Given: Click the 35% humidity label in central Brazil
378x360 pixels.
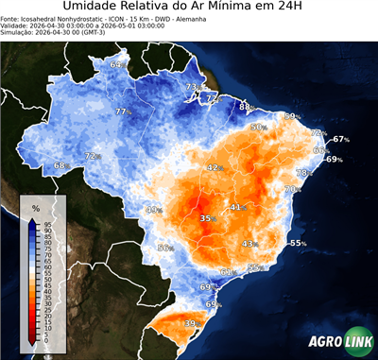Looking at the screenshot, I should [x=207, y=218].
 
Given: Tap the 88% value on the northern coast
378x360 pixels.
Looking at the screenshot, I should [x=245, y=107].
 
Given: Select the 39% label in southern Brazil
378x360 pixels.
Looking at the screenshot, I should [x=190, y=324].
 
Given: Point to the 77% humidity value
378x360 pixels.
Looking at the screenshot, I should [x=121, y=112].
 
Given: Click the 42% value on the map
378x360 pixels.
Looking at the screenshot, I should [x=214, y=167].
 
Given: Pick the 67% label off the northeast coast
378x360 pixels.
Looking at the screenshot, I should [x=340, y=140].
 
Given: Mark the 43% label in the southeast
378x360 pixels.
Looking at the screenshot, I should [x=249, y=244].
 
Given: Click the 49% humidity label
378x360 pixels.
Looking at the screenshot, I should [x=154, y=210].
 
